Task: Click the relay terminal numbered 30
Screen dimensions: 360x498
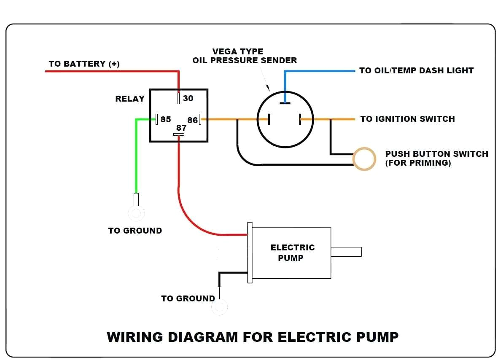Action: [x=179, y=99]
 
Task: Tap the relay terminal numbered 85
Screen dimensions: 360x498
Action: [x=156, y=119]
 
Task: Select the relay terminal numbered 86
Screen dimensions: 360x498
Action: [x=200, y=119]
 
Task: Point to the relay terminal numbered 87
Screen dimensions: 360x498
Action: [x=179, y=134]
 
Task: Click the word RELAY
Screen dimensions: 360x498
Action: [x=130, y=99]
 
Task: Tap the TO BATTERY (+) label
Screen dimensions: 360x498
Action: [x=84, y=64]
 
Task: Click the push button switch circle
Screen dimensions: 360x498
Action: [x=364, y=159]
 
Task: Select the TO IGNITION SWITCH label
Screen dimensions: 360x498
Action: [x=407, y=119]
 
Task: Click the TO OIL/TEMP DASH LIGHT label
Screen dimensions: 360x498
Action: [x=416, y=70]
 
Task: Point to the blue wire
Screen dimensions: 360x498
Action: [x=320, y=71]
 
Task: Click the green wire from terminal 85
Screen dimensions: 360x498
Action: [x=136, y=156]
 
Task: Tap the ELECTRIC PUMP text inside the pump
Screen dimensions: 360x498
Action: [x=292, y=252]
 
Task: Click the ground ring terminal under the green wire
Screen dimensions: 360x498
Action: [x=136, y=214]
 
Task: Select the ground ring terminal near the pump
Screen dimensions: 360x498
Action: [x=220, y=307]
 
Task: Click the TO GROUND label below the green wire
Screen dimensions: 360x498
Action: [x=135, y=231]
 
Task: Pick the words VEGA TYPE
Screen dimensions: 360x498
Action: [x=238, y=51]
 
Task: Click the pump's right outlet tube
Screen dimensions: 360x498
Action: [x=346, y=252]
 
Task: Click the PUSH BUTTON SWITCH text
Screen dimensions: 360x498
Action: [x=436, y=154]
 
